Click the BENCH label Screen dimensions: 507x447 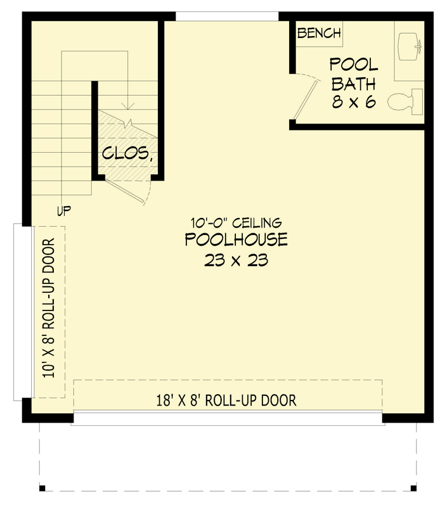[319, 34]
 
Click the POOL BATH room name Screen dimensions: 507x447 [354, 74]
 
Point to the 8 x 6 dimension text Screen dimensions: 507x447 [354, 102]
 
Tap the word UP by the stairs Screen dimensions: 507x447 [63, 211]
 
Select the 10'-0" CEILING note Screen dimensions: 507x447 [236, 222]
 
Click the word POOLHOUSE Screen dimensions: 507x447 [236, 240]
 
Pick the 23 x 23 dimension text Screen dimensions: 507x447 [236, 260]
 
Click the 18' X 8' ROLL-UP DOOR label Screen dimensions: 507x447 [226, 400]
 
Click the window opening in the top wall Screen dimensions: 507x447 [226, 16]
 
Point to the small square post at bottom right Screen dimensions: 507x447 [413, 487]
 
